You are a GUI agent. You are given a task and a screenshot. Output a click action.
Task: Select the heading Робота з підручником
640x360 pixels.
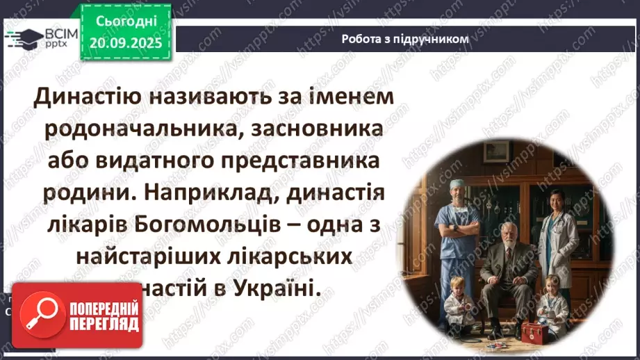(404, 39)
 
